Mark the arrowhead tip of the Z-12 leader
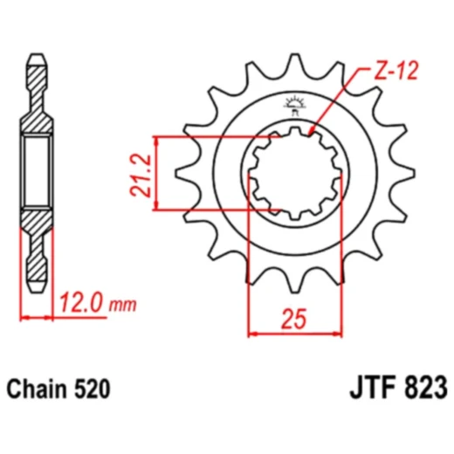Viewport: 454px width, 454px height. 312,134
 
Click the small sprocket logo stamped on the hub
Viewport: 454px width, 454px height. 292,106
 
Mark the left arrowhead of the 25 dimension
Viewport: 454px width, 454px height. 252,332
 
